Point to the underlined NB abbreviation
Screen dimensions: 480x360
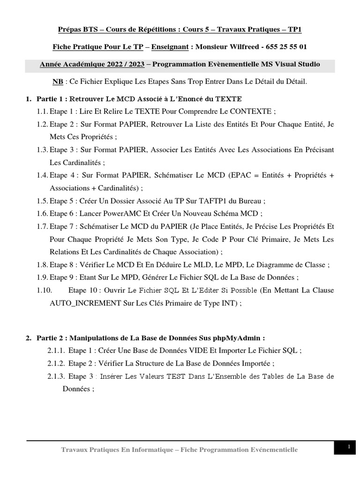pyautogui.click(x=58, y=82)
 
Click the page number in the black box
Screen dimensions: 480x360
pyautogui.click(x=349, y=448)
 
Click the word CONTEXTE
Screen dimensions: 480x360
pyautogui.click(x=247, y=111)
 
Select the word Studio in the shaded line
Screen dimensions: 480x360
pyautogui.click(x=308, y=64)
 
